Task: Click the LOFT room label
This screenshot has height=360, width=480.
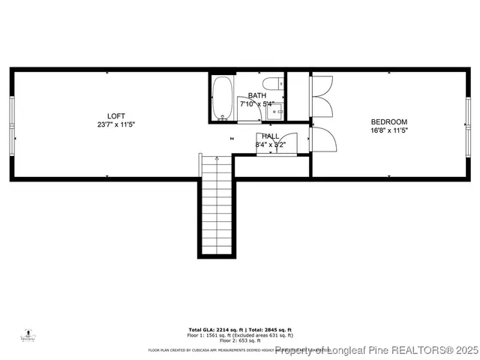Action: tap(116, 115)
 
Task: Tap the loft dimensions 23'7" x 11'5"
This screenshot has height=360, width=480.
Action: tap(116, 124)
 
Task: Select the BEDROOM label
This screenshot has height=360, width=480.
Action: tap(389, 122)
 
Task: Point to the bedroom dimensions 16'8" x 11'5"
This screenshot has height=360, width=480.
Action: tap(389, 130)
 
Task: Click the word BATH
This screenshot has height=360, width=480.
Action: tap(257, 95)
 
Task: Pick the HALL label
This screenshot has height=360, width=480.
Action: tap(271, 136)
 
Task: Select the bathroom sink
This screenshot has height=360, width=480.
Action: tap(276, 113)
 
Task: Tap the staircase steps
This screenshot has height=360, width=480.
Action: tap(217, 202)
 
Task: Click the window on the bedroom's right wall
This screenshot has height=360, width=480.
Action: tap(468, 124)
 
